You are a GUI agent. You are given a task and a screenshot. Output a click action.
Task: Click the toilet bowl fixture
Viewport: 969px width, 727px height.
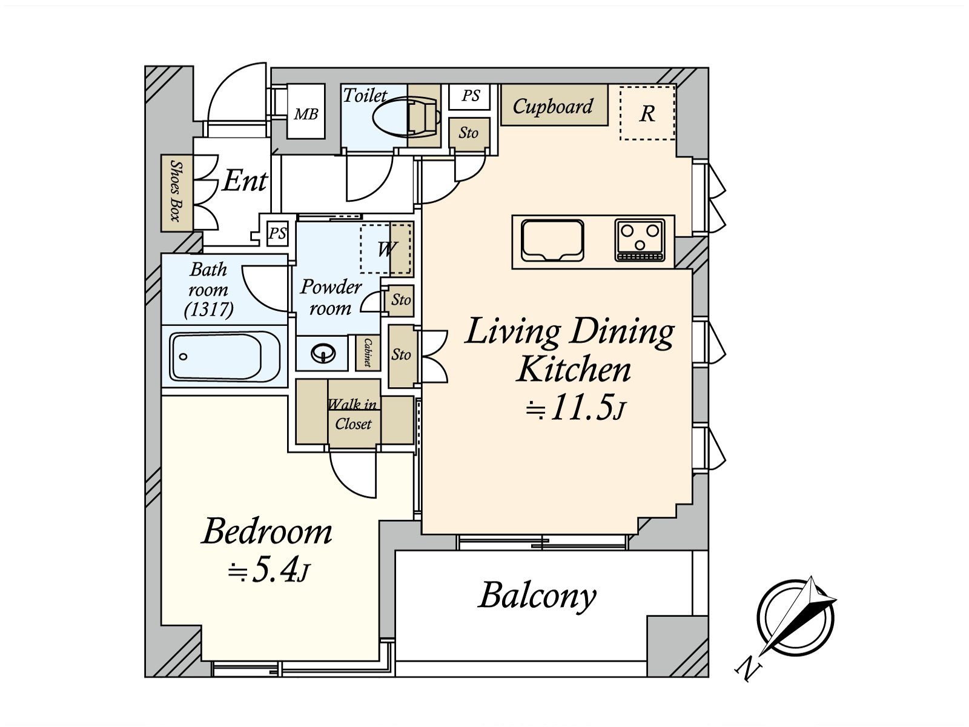coord(406,116)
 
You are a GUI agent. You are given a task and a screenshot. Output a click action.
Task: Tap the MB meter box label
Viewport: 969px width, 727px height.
coord(306,115)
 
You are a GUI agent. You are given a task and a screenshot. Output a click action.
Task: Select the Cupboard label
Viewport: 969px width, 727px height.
coord(553,107)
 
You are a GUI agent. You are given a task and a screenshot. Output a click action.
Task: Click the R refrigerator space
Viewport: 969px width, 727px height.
coord(647,113)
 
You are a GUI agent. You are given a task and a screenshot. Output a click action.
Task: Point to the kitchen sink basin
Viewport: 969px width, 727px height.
coord(552,241)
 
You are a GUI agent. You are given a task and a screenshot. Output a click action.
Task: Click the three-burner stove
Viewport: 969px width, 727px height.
coord(640,241)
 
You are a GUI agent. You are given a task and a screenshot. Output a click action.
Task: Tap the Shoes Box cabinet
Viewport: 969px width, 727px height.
coord(177,193)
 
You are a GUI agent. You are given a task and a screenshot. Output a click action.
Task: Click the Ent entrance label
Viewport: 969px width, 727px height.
coord(245,181)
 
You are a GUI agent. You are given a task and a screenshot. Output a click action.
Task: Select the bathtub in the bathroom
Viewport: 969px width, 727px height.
coord(225,356)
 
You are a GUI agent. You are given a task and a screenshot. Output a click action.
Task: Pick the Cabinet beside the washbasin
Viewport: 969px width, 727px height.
coord(368,353)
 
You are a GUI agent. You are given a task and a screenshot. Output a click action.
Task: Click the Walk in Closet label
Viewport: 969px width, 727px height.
coord(352,414)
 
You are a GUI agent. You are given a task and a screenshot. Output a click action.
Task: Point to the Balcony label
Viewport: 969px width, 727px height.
coord(537,597)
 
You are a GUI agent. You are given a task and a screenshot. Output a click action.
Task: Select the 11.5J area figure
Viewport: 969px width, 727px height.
coord(576,407)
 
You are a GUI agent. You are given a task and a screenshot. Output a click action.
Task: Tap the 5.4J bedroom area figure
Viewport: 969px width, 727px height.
coord(267,572)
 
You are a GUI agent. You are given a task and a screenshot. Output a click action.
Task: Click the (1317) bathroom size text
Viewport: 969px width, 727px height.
coord(208,310)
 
